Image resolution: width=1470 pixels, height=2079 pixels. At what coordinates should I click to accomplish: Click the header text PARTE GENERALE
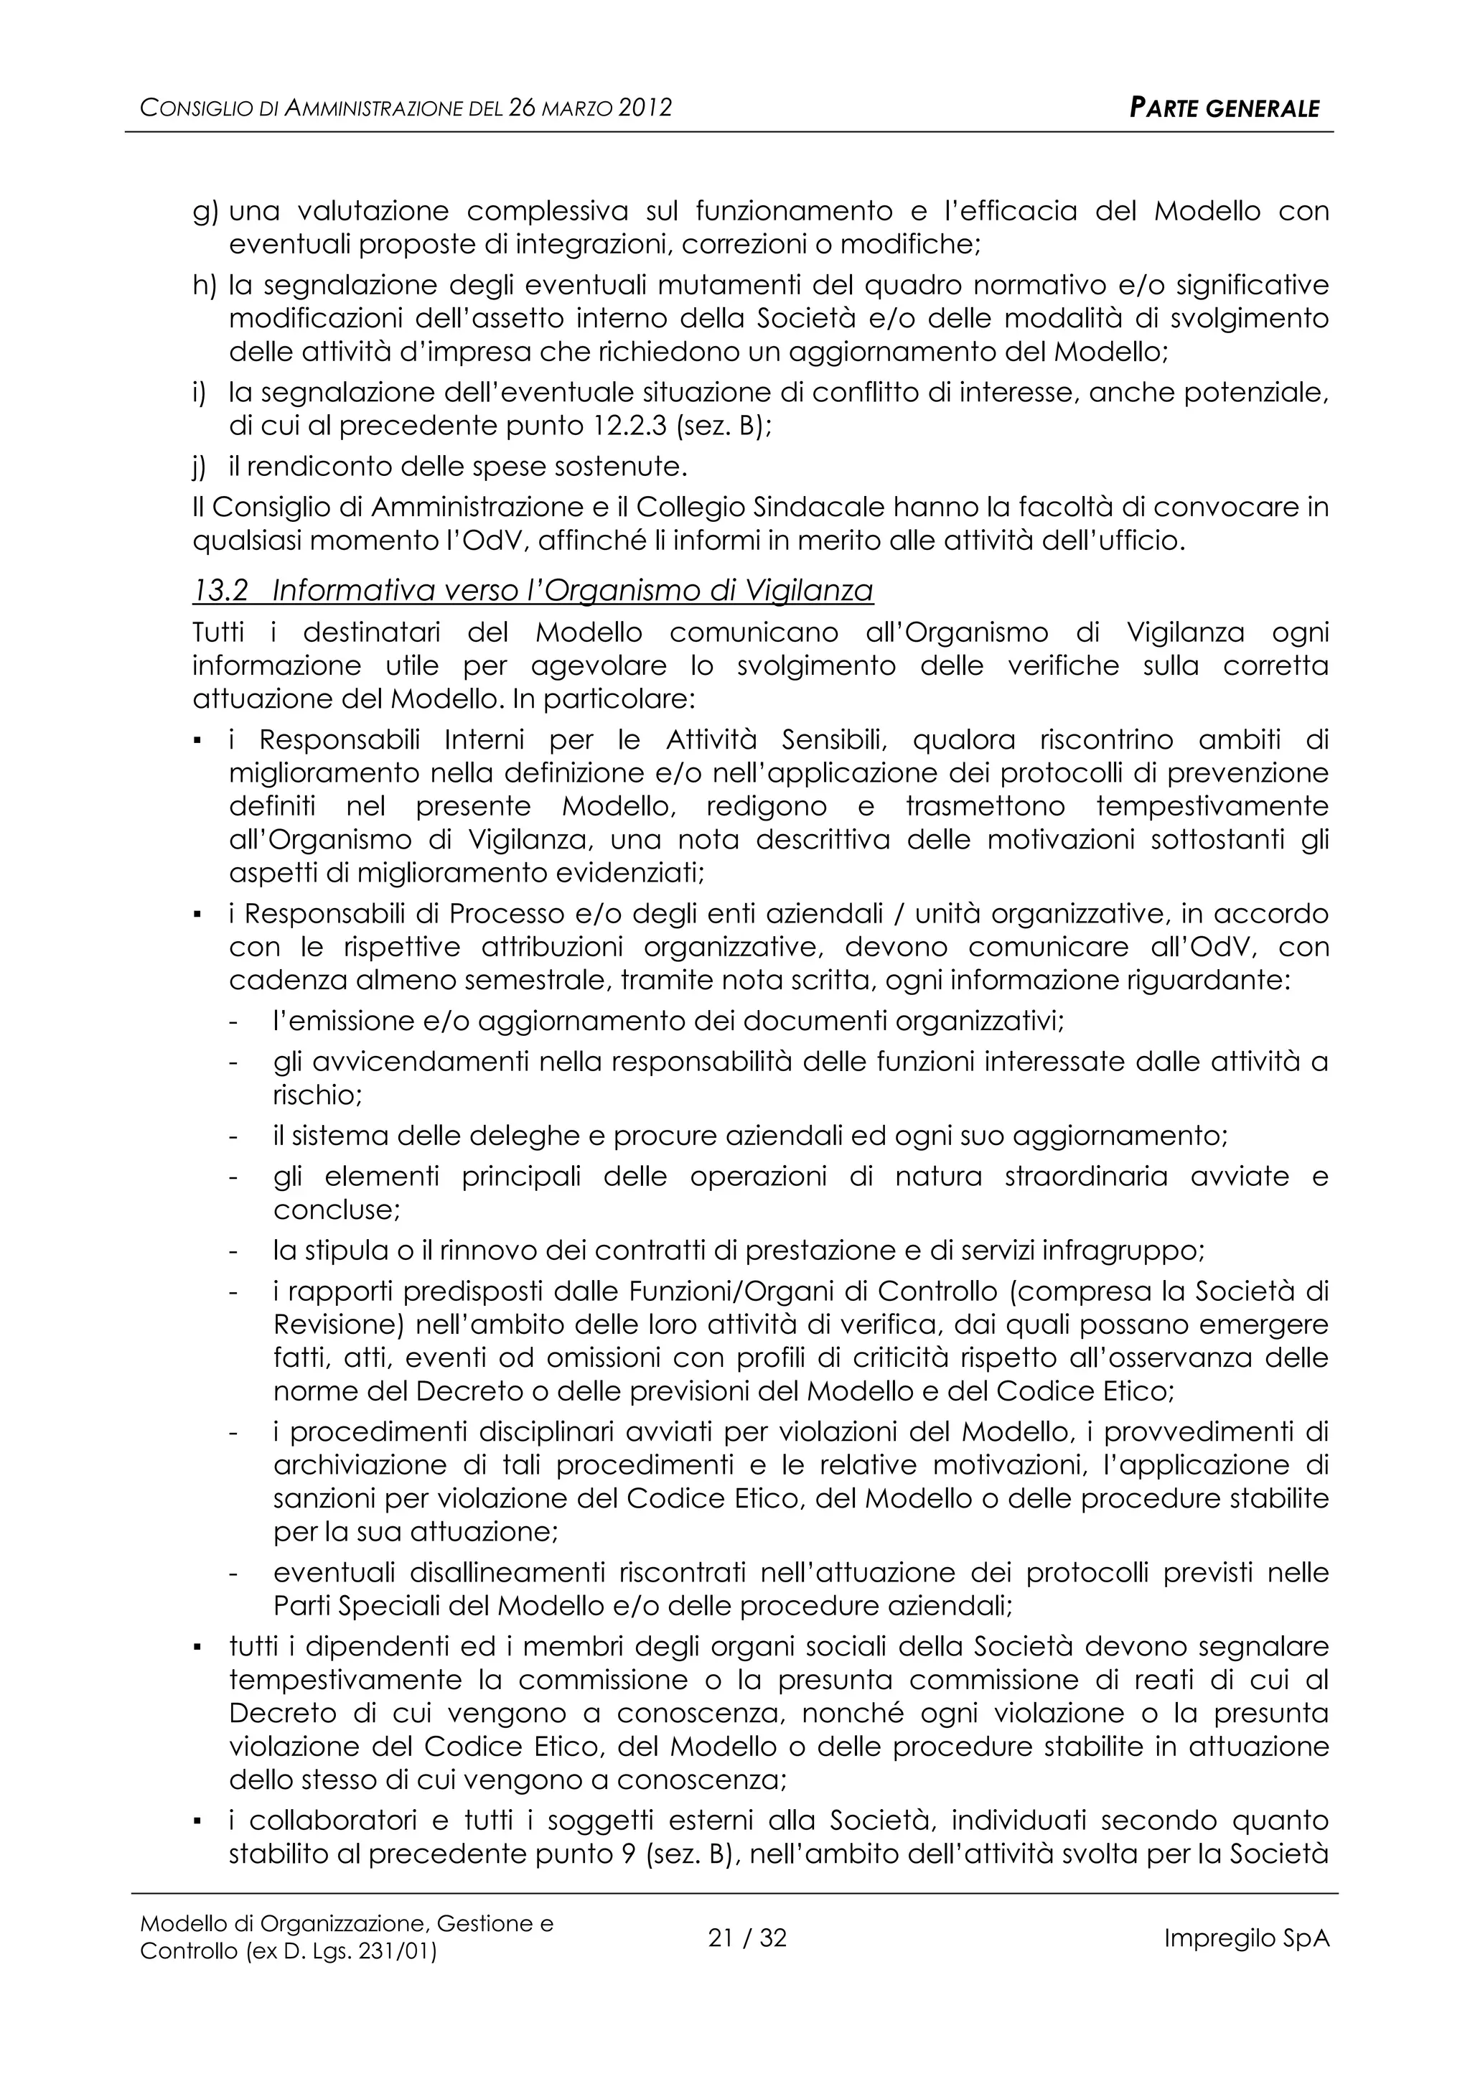[1224, 108]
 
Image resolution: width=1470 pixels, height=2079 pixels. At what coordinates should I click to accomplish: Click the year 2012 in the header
[645, 108]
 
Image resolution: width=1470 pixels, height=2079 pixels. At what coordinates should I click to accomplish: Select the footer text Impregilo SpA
[1245, 1938]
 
